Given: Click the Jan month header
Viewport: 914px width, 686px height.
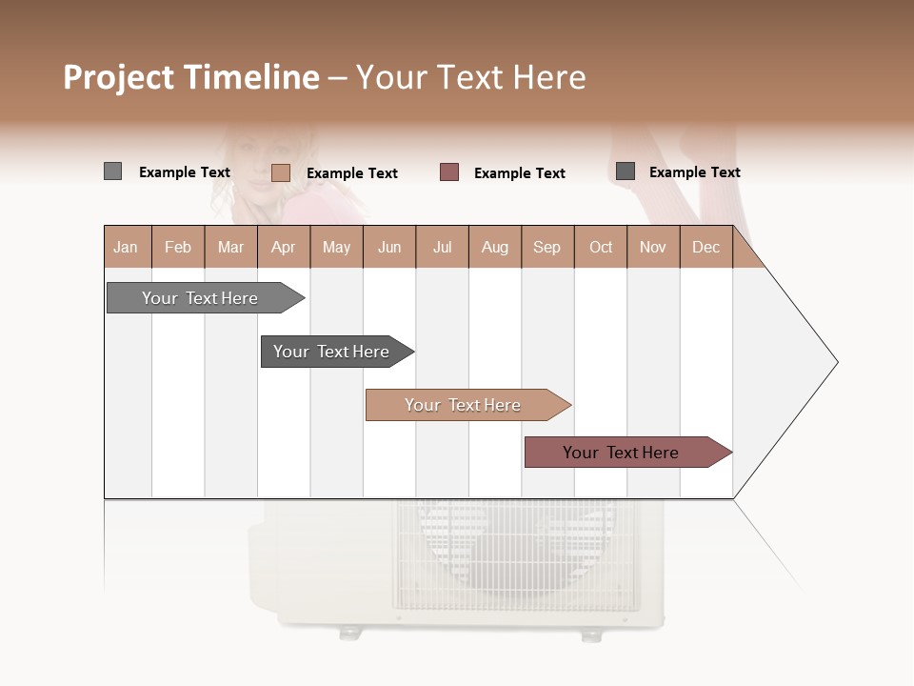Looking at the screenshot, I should [127, 247].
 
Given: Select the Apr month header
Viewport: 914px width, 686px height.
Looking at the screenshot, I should [284, 247].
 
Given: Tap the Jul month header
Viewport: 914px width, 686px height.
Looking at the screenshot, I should [442, 247].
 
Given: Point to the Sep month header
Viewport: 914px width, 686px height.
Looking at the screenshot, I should [546, 247].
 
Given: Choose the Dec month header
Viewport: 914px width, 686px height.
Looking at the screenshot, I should [705, 247].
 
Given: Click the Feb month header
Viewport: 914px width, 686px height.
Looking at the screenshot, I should [178, 247].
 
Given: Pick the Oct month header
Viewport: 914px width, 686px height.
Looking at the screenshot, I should [601, 247].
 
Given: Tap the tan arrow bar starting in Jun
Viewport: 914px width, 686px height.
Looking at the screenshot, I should [464, 405].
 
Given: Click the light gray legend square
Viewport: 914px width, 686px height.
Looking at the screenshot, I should [112, 171].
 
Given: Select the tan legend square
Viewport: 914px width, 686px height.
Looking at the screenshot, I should [281, 172].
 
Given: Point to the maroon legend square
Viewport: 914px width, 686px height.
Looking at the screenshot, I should [449, 171].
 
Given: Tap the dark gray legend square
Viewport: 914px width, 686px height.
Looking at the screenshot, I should [626, 171].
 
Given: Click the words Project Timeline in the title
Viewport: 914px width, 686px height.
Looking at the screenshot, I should [191, 77].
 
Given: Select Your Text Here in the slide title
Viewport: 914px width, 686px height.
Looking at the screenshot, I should [470, 77].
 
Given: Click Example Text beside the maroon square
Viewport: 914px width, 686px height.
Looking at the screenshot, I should [519, 172].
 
